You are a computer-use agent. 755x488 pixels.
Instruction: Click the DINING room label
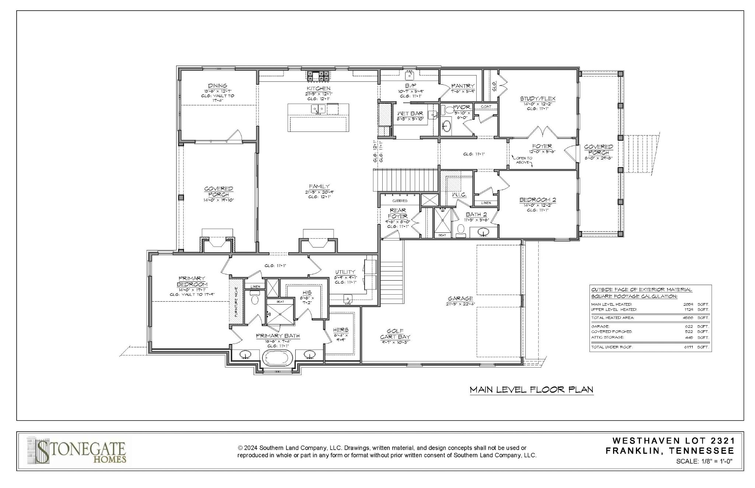(217, 86)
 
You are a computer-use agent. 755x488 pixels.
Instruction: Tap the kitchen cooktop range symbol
(318, 76)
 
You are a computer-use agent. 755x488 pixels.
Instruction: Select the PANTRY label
(463, 86)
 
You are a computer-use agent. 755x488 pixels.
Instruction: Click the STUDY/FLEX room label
(537, 99)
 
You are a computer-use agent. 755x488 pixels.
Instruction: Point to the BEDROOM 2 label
(537, 200)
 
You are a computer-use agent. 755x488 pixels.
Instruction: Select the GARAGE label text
(460, 299)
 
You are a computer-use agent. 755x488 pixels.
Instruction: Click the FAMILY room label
(319, 187)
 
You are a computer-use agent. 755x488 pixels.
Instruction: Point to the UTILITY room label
(345, 272)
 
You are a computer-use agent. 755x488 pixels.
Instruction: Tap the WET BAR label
(410, 114)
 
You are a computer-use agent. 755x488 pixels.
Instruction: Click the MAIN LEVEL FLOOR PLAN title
(531, 390)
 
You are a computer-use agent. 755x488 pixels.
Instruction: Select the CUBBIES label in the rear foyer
(400, 201)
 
